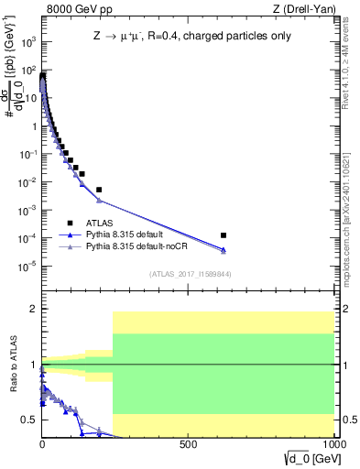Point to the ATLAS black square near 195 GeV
[x=99, y=190]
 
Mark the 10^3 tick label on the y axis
[x=28, y=42]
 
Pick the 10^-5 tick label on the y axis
[x=28, y=267]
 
